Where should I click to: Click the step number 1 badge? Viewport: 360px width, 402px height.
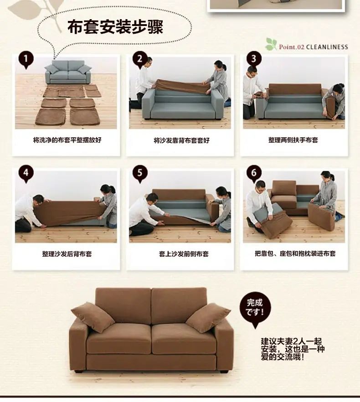pyautogui.click(x=26, y=59)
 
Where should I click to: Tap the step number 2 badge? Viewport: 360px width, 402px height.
pyautogui.click(x=140, y=59)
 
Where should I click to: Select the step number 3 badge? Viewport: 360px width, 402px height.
pyautogui.click(x=254, y=59)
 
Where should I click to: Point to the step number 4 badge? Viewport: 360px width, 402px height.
pyautogui.click(x=26, y=173)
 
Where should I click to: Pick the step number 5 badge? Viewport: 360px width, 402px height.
pyautogui.click(x=140, y=173)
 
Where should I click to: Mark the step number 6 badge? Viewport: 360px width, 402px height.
pyautogui.click(x=254, y=173)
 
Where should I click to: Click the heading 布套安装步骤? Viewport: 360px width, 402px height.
pyautogui.click(x=115, y=27)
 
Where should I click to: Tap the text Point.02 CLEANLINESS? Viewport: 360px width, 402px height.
pyautogui.click(x=314, y=47)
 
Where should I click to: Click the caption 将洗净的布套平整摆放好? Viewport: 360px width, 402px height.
pyautogui.click(x=67, y=140)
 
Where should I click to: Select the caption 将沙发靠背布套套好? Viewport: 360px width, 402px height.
pyautogui.click(x=181, y=140)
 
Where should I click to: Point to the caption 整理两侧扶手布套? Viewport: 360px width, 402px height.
pyautogui.click(x=293, y=140)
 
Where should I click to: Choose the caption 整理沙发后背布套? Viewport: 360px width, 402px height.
pyautogui.click(x=67, y=254)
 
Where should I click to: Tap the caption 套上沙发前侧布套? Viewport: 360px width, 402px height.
pyautogui.click(x=184, y=254)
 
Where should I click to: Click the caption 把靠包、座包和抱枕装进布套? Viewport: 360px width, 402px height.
pyautogui.click(x=295, y=253)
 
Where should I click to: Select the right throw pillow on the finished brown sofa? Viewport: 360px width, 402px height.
pyautogui.click(x=208, y=318)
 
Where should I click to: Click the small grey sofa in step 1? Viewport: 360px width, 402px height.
pyautogui.click(x=68, y=72)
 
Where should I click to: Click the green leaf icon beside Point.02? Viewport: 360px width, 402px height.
pyautogui.click(x=271, y=44)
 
